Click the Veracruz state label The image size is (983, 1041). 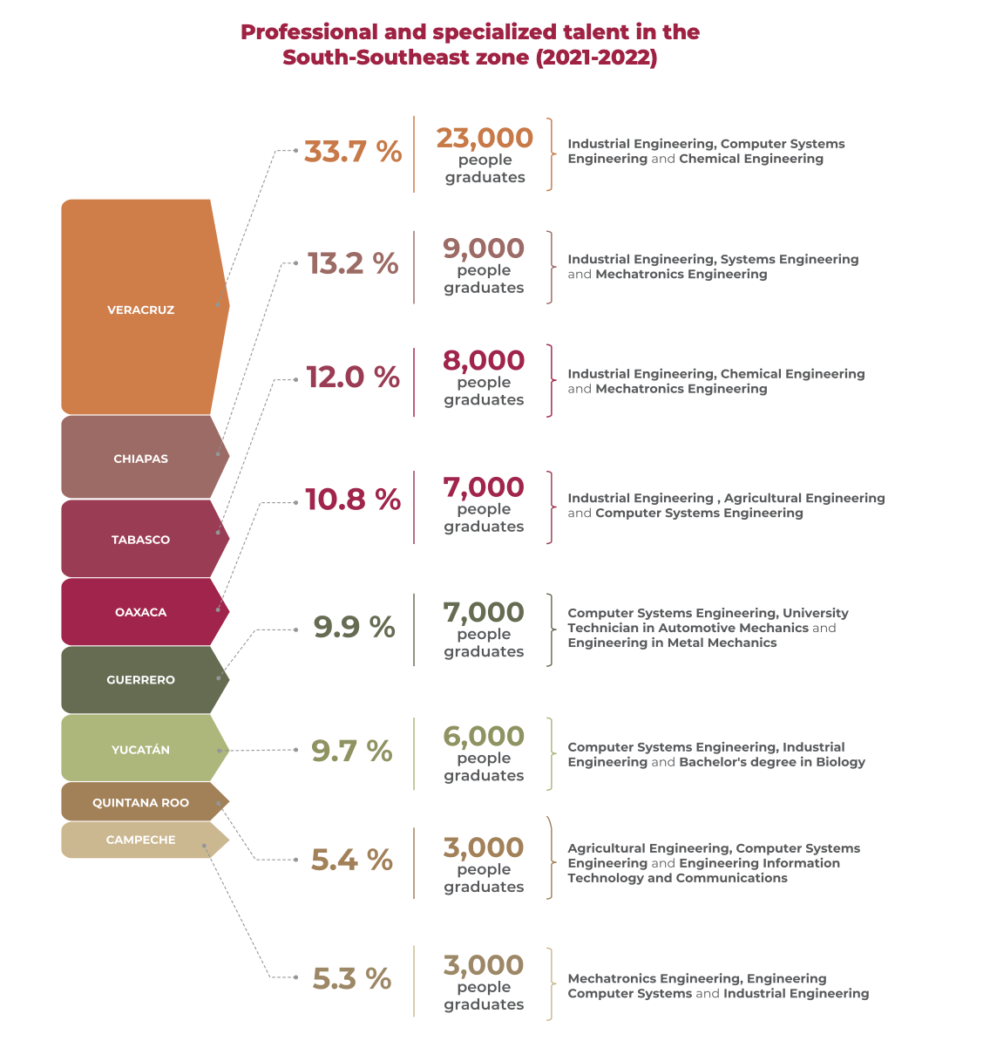[140, 310]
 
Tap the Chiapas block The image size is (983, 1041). [140, 459]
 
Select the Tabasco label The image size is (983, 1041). [140, 540]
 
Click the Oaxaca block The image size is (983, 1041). [140, 612]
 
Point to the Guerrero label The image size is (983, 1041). [140, 680]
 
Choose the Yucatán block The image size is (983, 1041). [140, 750]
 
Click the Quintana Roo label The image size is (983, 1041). [140, 803]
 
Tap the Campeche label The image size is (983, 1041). [140, 840]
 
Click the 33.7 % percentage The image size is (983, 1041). [353, 152]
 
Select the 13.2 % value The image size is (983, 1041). [353, 263]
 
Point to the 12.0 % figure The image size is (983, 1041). [353, 378]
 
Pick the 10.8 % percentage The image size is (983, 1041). [353, 500]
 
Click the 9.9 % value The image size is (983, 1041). [354, 627]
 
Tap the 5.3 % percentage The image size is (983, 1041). [352, 979]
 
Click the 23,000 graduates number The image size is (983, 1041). [485, 138]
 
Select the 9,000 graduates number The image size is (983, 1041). [484, 248]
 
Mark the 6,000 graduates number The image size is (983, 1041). [484, 737]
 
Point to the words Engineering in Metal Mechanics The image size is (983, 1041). [672, 643]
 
